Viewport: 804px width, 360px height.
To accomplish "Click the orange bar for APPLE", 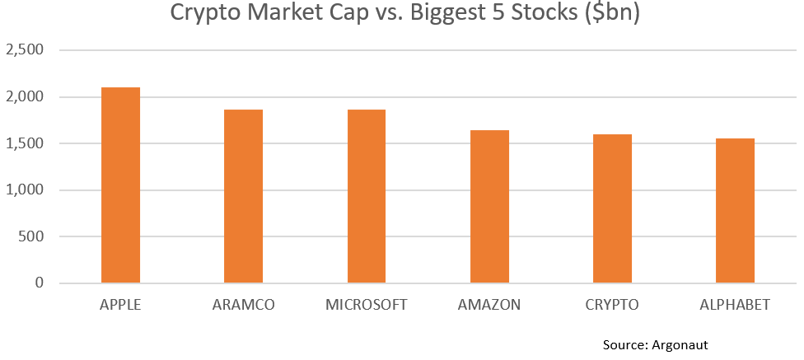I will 120,185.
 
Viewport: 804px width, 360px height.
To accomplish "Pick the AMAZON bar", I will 489,207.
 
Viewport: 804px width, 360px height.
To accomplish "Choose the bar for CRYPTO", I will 612,208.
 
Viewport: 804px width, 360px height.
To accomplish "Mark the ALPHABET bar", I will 735,211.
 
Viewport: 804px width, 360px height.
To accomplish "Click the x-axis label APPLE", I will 120,305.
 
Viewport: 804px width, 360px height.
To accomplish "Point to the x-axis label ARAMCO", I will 243,305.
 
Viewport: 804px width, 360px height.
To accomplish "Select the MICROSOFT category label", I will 366,305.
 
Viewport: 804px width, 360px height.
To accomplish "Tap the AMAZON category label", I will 489,305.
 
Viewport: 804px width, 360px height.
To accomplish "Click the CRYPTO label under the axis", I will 612,305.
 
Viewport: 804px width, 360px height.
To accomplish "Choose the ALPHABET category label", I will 735,305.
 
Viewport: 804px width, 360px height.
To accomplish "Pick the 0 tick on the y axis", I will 39,283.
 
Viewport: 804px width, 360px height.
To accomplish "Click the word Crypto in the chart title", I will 203,14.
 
